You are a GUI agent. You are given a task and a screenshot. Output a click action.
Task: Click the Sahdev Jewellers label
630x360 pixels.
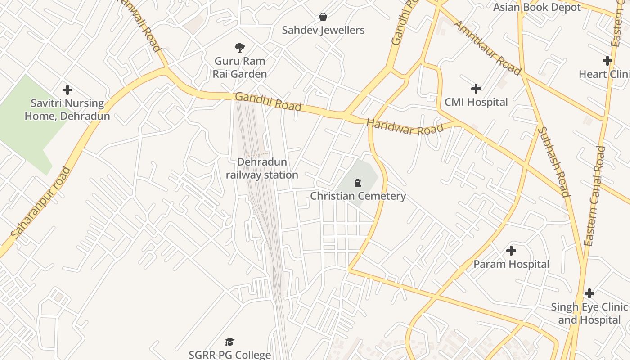[323, 30]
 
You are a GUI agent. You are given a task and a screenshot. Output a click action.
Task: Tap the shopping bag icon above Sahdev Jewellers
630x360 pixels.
[323, 17]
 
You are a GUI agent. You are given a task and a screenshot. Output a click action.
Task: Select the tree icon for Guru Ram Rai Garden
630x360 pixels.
[240, 47]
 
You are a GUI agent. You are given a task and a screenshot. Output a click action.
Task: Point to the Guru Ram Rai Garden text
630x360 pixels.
[240, 67]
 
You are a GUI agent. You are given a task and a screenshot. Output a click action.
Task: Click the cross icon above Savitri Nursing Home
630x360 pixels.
[67, 90]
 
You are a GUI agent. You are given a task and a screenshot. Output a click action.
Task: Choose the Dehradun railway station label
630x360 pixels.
[262, 168]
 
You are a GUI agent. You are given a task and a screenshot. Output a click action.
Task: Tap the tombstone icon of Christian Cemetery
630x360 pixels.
[358, 182]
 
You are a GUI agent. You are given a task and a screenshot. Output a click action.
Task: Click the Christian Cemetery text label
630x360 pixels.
[358, 196]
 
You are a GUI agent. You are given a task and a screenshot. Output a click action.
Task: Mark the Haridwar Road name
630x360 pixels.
[405, 126]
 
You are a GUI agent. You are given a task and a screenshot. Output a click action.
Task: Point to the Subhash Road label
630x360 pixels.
[554, 162]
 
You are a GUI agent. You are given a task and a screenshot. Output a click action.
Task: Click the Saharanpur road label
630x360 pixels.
[41, 202]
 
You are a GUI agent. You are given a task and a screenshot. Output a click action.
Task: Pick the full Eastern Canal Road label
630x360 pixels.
[594, 196]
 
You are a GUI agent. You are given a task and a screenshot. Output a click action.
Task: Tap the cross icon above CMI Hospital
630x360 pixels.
[476, 89]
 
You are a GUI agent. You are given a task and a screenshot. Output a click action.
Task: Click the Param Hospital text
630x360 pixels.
[511, 264]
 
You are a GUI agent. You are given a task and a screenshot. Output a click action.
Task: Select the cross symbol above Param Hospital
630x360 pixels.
[511, 251]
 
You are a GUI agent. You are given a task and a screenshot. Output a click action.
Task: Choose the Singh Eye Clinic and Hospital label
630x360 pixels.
[589, 314]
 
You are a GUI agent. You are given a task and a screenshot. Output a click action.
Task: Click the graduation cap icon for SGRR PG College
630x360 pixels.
[230, 342]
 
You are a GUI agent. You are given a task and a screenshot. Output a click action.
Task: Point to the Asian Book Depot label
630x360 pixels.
[537, 7]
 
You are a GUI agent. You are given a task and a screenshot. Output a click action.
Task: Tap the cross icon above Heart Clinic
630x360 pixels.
[607, 61]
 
